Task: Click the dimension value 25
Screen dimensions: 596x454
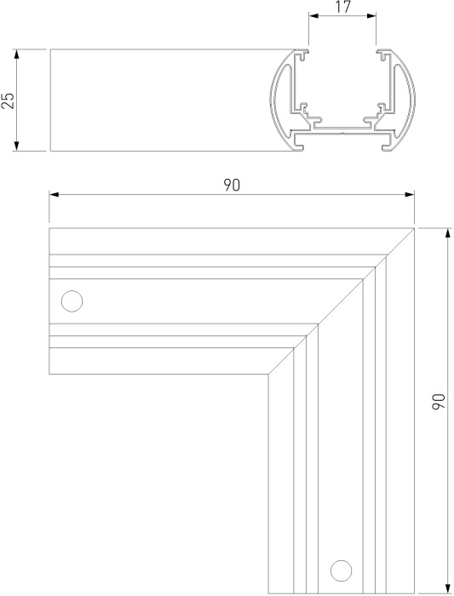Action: (x=9, y=100)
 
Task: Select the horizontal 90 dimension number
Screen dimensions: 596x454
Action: (x=232, y=186)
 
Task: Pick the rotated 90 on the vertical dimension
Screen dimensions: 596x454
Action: (x=439, y=402)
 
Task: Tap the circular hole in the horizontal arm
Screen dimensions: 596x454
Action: (x=72, y=301)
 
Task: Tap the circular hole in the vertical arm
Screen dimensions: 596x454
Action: (x=341, y=569)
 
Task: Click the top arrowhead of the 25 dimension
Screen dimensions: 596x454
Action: (x=19, y=53)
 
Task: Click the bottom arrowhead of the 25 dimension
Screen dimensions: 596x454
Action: (x=19, y=147)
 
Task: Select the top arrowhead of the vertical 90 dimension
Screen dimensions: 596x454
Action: (x=446, y=232)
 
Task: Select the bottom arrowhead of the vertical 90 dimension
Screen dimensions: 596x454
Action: (x=446, y=590)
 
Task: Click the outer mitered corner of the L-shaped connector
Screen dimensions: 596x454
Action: (x=414, y=228)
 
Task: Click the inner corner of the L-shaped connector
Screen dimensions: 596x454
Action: (x=268, y=374)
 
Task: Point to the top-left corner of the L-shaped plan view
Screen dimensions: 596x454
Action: (x=49, y=228)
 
